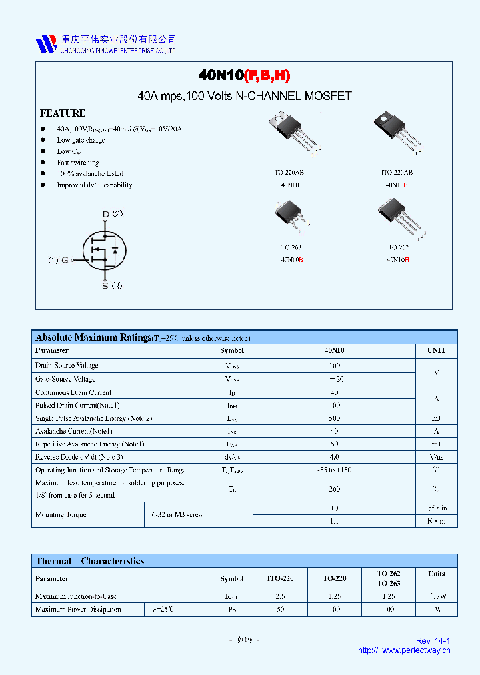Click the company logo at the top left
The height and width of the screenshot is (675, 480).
47,44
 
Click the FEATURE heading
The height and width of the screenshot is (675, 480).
63,113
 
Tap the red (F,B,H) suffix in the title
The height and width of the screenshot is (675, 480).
267,75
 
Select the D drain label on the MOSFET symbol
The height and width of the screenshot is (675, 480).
105,215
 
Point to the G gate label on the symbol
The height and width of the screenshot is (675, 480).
65,260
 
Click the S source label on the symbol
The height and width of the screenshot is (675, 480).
105,286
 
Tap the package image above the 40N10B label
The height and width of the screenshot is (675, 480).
292,218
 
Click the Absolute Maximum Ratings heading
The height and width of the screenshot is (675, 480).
93,337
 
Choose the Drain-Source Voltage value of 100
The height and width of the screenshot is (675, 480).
334,366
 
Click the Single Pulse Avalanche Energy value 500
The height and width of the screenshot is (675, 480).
334,418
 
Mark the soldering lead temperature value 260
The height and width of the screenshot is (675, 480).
334,489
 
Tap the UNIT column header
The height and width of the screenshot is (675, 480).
436,350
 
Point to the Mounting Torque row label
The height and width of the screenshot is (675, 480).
61,514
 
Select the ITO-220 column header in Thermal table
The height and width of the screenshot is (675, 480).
280,578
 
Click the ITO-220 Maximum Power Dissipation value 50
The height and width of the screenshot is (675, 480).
280,609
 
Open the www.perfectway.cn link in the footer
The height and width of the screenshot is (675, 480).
416,650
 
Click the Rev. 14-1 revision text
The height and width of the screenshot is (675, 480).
433,641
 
